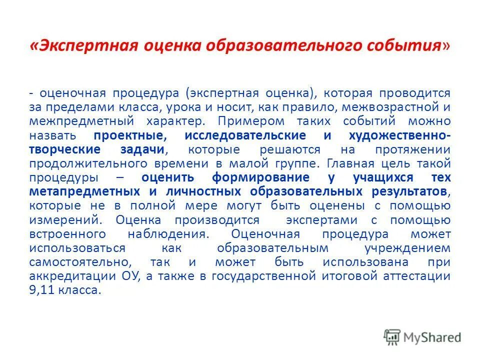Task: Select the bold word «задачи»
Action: [142, 149]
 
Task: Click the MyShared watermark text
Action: [432, 337]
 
